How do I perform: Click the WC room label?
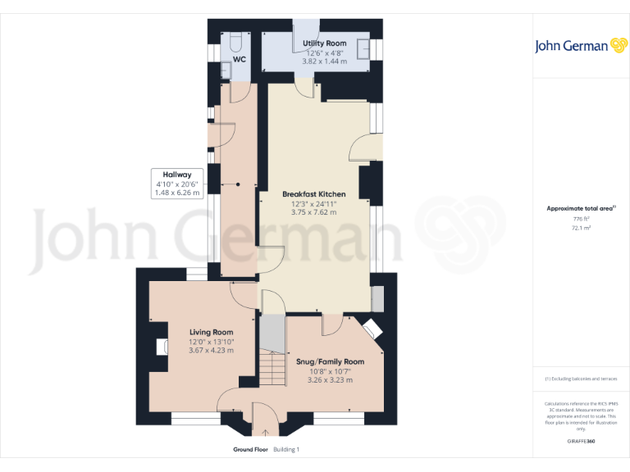pyautogui.click(x=240, y=60)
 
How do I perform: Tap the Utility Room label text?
pyautogui.click(x=324, y=43)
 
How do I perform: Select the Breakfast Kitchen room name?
pyautogui.click(x=313, y=194)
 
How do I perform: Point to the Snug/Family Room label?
pyautogui.click(x=330, y=361)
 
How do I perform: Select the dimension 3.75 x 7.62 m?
pyautogui.click(x=313, y=212)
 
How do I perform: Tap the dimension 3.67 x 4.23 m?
pyautogui.click(x=212, y=351)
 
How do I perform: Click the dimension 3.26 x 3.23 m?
pyautogui.click(x=330, y=380)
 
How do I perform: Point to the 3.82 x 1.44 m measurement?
pyautogui.click(x=324, y=61)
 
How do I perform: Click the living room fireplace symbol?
pyautogui.click(x=160, y=347)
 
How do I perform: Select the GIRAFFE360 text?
pyautogui.click(x=581, y=442)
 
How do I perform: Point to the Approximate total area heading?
pyautogui.click(x=579, y=209)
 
